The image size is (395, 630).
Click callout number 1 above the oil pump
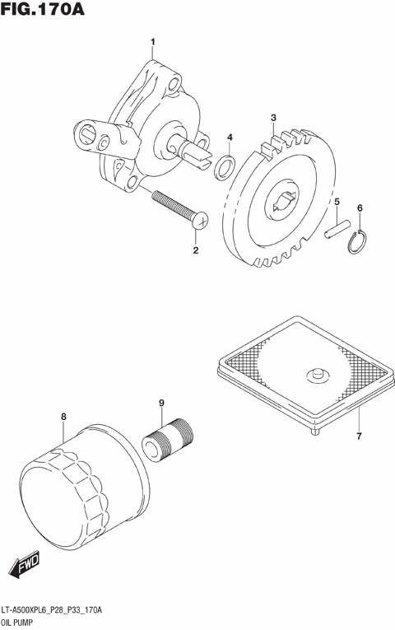pyautogui.click(x=151, y=42)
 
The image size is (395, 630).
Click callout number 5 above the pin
pyautogui.click(x=336, y=201)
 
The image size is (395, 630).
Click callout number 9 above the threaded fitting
pyautogui.click(x=161, y=403)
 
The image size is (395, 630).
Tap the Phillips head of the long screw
pyautogui.click(x=201, y=220)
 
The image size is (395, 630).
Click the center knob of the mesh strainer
pyautogui.click(x=315, y=376)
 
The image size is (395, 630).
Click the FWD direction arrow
pyautogui.click(x=25, y=563)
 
